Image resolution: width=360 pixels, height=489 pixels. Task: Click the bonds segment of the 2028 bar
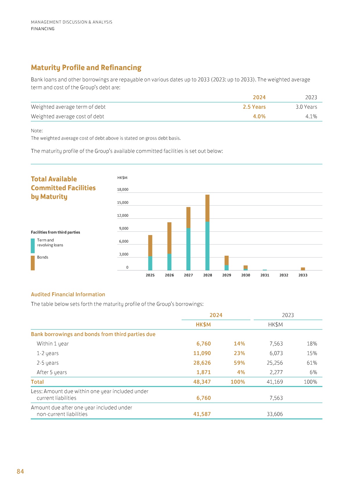click(x=207, y=208)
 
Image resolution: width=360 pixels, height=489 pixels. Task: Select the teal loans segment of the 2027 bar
click(x=188, y=249)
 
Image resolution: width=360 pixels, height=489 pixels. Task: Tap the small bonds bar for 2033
click(x=303, y=269)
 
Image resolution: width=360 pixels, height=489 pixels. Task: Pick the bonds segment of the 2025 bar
click(x=150, y=246)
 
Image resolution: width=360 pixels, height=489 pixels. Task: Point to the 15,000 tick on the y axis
click(x=123, y=203)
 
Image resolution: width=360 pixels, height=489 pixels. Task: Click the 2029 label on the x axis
click(x=226, y=275)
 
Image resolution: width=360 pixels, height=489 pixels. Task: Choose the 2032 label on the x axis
click(x=284, y=275)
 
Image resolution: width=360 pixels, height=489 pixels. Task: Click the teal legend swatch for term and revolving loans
click(x=33, y=246)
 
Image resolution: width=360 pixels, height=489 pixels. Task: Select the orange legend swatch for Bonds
click(x=33, y=263)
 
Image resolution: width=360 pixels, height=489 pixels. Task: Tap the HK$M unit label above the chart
click(x=122, y=178)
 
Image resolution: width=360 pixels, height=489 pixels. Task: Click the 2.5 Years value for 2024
click(x=254, y=107)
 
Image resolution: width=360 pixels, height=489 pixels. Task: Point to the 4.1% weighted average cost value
click(x=311, y=117)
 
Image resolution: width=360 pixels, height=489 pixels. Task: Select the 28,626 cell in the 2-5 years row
click(x=202, y=363)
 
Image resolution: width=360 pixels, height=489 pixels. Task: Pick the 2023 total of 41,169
click(x=275, y=382)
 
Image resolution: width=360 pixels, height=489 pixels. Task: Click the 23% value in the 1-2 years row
click(x=239, y=353)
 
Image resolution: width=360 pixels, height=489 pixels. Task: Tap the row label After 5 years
click(x=52, y=372)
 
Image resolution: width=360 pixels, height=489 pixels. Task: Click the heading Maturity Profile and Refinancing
click(x=86, y=68)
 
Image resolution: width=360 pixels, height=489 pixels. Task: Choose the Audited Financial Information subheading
click(x=68, y=295)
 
